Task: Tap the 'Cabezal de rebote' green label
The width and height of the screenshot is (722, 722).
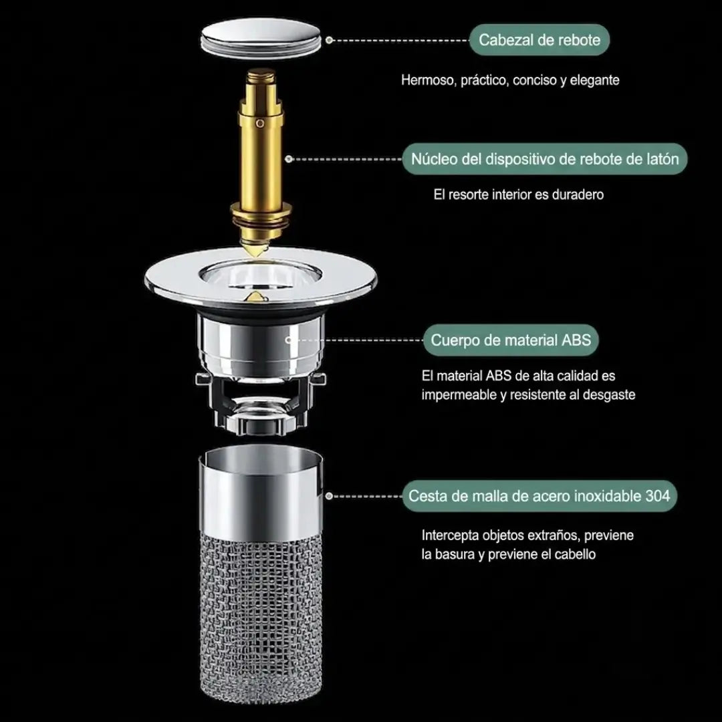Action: click(x=539, y=40)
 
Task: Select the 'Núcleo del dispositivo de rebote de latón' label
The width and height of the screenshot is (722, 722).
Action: click(x=545, y=159)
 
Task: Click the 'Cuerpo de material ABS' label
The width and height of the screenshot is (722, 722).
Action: click(x=511, y=340)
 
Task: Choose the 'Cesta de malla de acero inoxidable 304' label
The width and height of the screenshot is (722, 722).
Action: click(x=539, y=496)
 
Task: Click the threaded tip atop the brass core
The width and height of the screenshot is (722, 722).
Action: click(x=261, y=78)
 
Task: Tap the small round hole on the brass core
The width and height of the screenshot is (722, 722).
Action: click(x=260, y=123)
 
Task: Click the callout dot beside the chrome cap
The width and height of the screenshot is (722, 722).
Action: click(x=329, y=40)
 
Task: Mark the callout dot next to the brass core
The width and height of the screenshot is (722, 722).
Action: click(x=289, y=159)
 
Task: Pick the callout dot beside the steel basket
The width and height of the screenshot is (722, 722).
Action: click(x=329, y=496)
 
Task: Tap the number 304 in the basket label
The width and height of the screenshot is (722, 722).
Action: click(x=658, y=496)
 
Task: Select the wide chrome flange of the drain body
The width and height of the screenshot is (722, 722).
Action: click(x=261, y=277)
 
